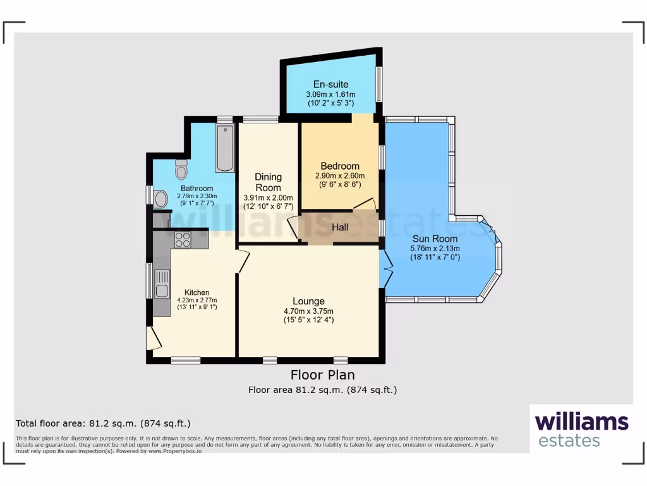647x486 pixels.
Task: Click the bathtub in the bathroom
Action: (224, 149)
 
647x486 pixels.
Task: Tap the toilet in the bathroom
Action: (181, 170)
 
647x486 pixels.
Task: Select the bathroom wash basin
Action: (160, 200)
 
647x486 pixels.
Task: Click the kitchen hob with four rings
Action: (183, 239)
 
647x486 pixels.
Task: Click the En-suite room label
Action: (331, 84)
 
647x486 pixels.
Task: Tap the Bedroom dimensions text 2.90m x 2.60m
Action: (340, 176)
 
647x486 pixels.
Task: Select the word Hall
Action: (340, 227)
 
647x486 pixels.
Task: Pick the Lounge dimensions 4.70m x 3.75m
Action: (308, 311)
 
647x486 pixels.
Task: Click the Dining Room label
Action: (268, 182)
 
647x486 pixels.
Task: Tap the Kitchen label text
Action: (197, 292)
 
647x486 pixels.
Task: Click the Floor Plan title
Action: (322, 375)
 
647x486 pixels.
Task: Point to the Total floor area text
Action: (103, 423)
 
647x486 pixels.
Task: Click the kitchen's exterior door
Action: (152, 339)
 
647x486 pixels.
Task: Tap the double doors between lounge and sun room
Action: (386, 271)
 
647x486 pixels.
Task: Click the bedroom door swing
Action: (366, 204)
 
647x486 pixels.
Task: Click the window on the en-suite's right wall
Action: (379, 84)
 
